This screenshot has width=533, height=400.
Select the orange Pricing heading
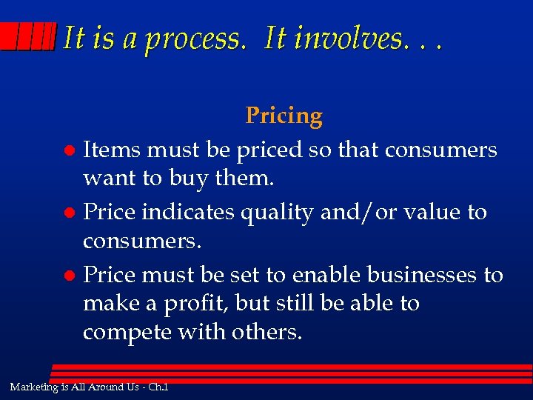point(284,116)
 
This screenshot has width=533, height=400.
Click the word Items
point(112,150)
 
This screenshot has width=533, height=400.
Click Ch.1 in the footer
point(158,387)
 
